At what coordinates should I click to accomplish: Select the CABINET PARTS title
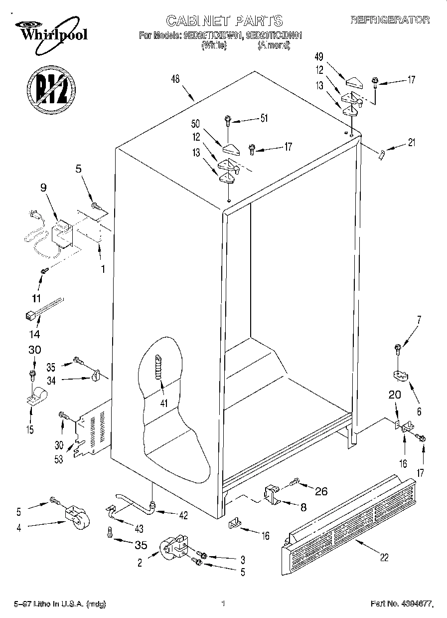click(224, 20)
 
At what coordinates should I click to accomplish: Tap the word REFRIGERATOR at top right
click(390, 20)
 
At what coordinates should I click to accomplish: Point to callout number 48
click(175, 78)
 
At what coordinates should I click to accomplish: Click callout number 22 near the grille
click(384, 558)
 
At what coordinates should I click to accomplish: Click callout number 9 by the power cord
click(43, 189)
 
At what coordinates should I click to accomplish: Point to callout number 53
click(59, 459)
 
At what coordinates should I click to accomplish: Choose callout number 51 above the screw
click(264, 118)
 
